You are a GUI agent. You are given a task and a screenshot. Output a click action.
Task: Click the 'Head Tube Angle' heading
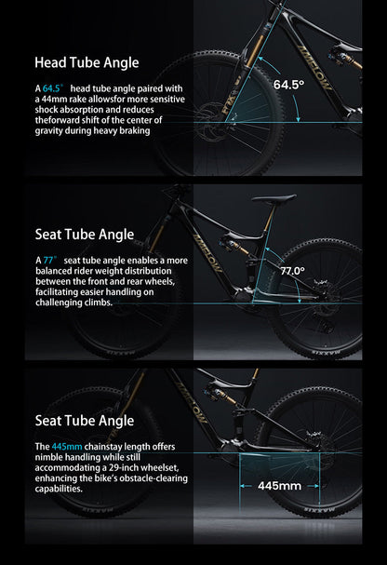tap(86, 63)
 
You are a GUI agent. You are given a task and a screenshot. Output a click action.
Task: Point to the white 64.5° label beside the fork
tap(289, 84)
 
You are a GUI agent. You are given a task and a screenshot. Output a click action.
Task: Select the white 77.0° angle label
tap(292, 270)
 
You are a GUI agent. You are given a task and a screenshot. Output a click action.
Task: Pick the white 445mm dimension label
tap(278, 485)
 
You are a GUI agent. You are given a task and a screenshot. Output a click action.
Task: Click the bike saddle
tap(273, 198)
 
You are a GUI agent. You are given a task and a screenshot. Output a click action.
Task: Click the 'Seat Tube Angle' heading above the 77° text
tap(84, 235)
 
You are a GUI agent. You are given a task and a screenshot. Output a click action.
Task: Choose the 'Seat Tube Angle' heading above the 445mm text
tap(84, 422)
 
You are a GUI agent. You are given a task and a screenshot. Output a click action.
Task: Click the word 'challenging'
tap(62, 303)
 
